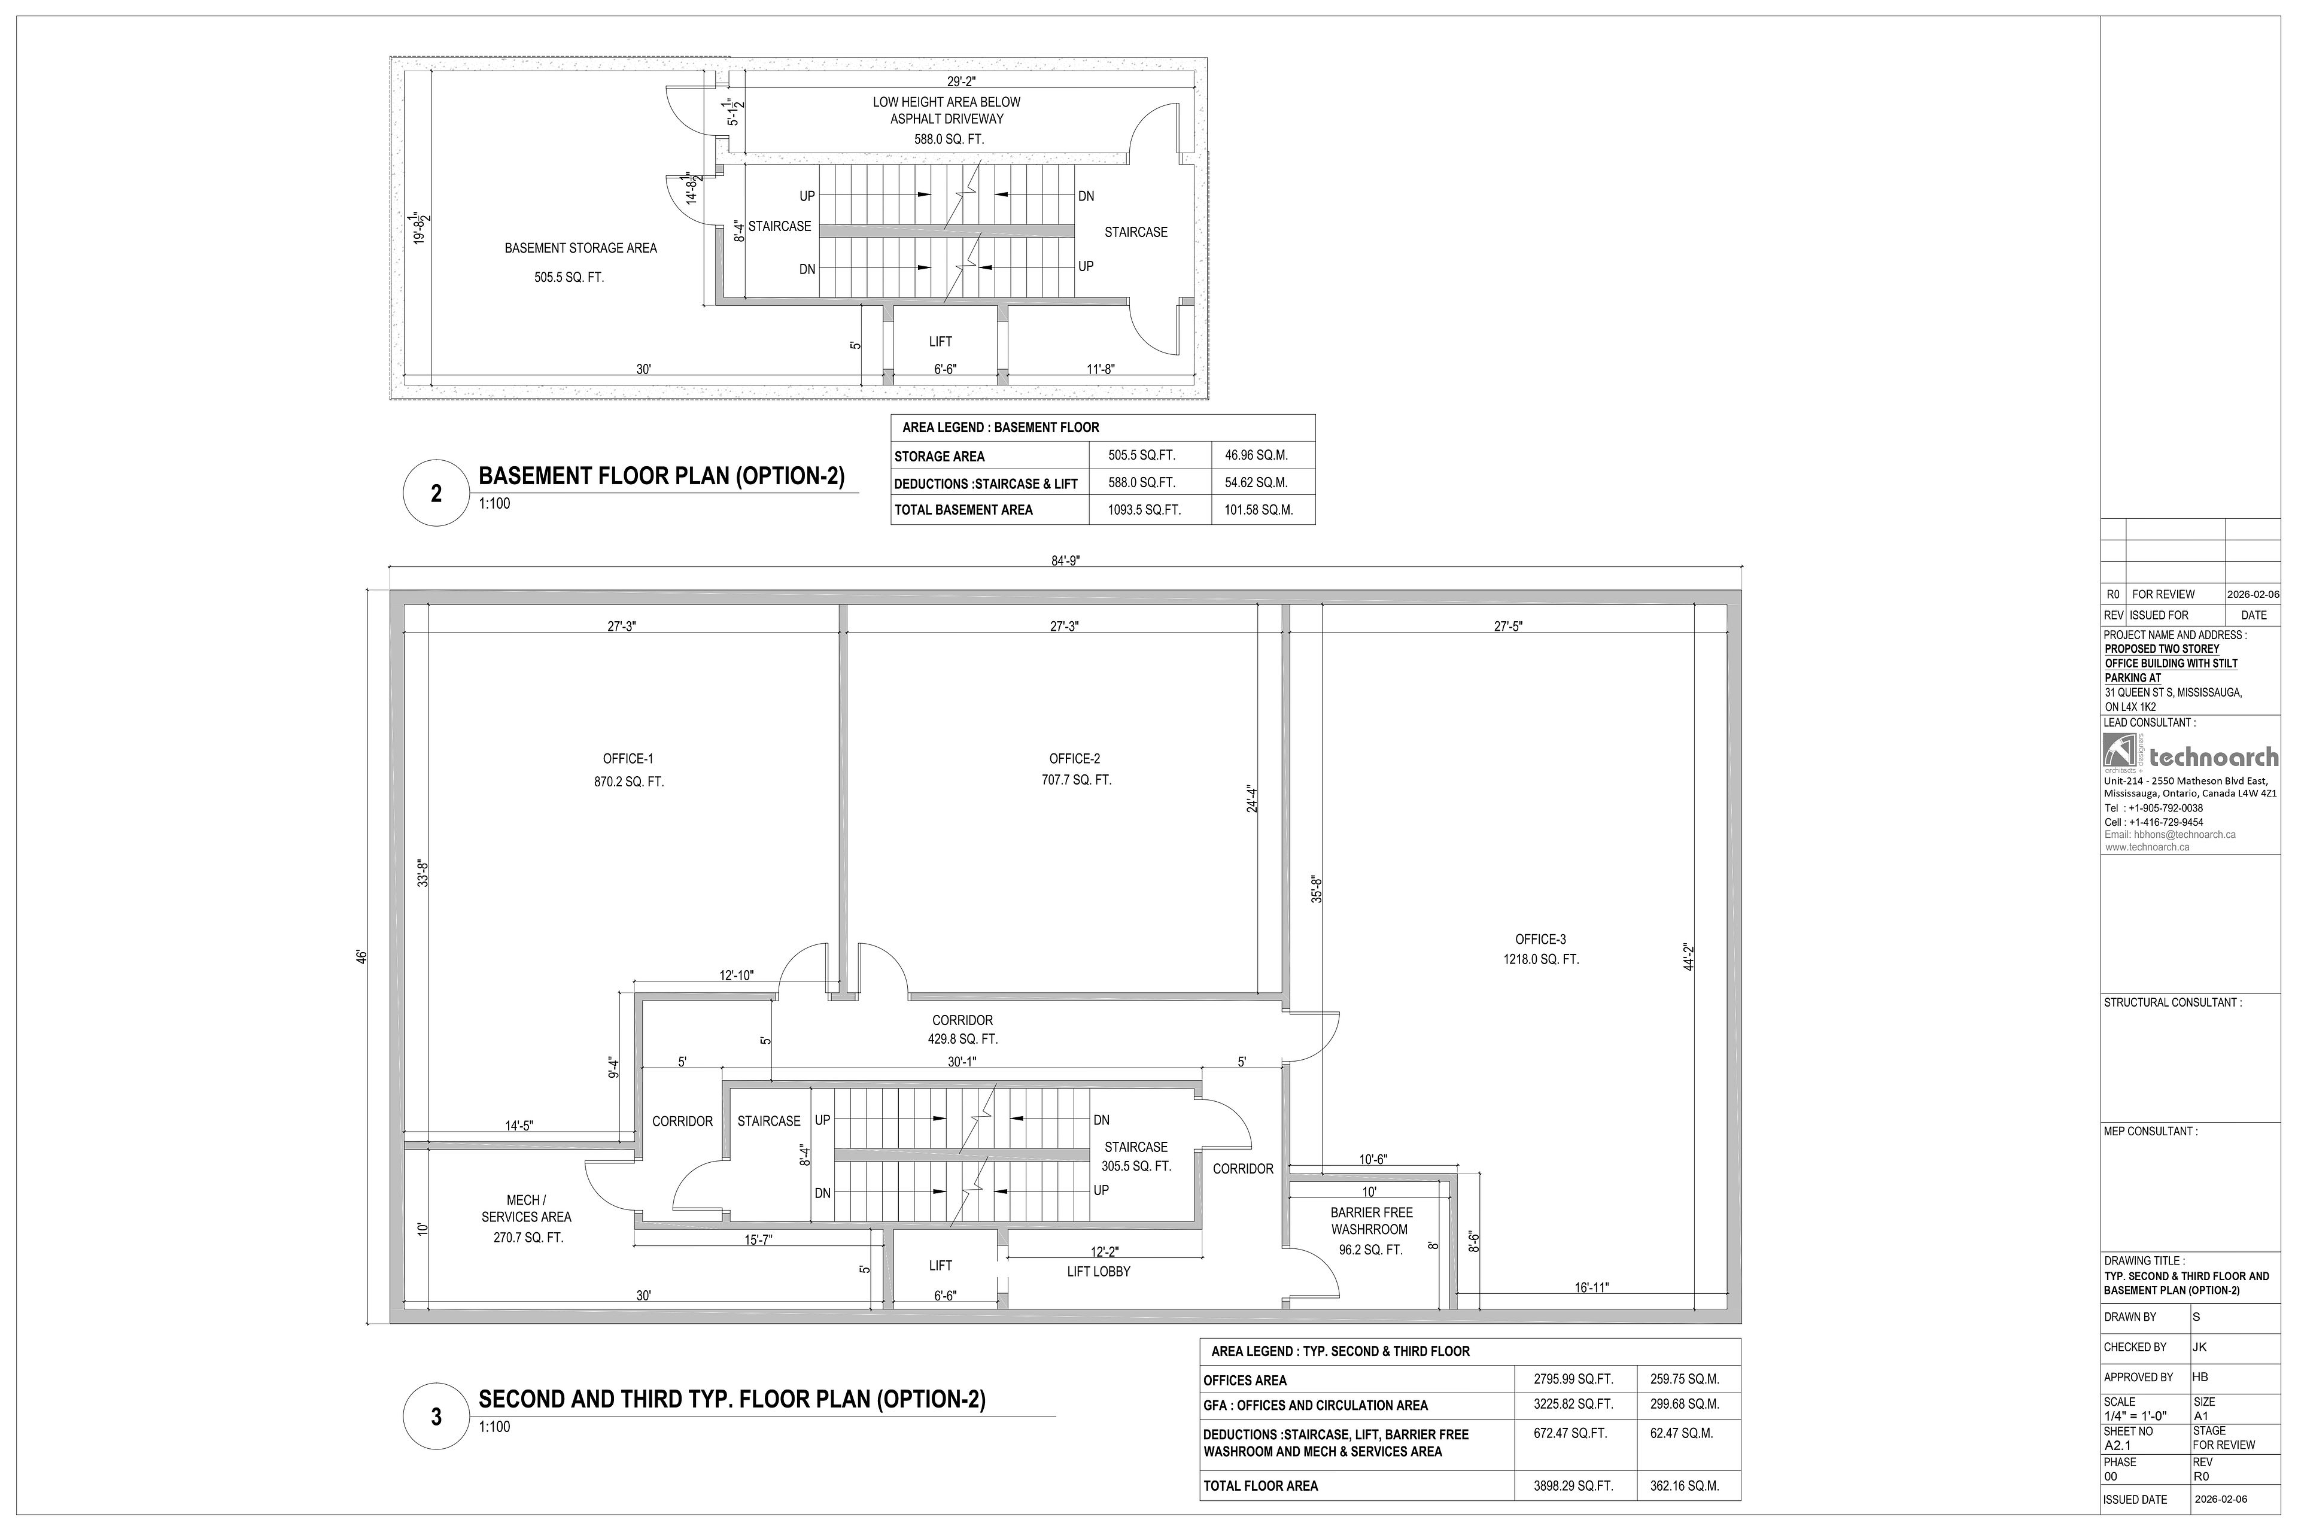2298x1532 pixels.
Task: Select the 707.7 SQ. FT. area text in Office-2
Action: click(1076, 780)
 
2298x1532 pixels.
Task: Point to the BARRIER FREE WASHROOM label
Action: click(1371, 1220)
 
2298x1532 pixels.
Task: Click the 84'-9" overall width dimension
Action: click(1066, 560)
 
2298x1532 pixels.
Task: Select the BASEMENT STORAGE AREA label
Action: click(580, 248)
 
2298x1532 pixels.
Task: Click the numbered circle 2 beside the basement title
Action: click(436, 493)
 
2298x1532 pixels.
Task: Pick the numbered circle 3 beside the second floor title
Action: click(436, 1417)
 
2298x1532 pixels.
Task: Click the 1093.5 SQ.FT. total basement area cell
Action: click(1144, 509)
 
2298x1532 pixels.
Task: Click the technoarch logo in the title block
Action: click(2190, 754)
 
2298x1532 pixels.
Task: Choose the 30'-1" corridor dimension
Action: click(962, 1061)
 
